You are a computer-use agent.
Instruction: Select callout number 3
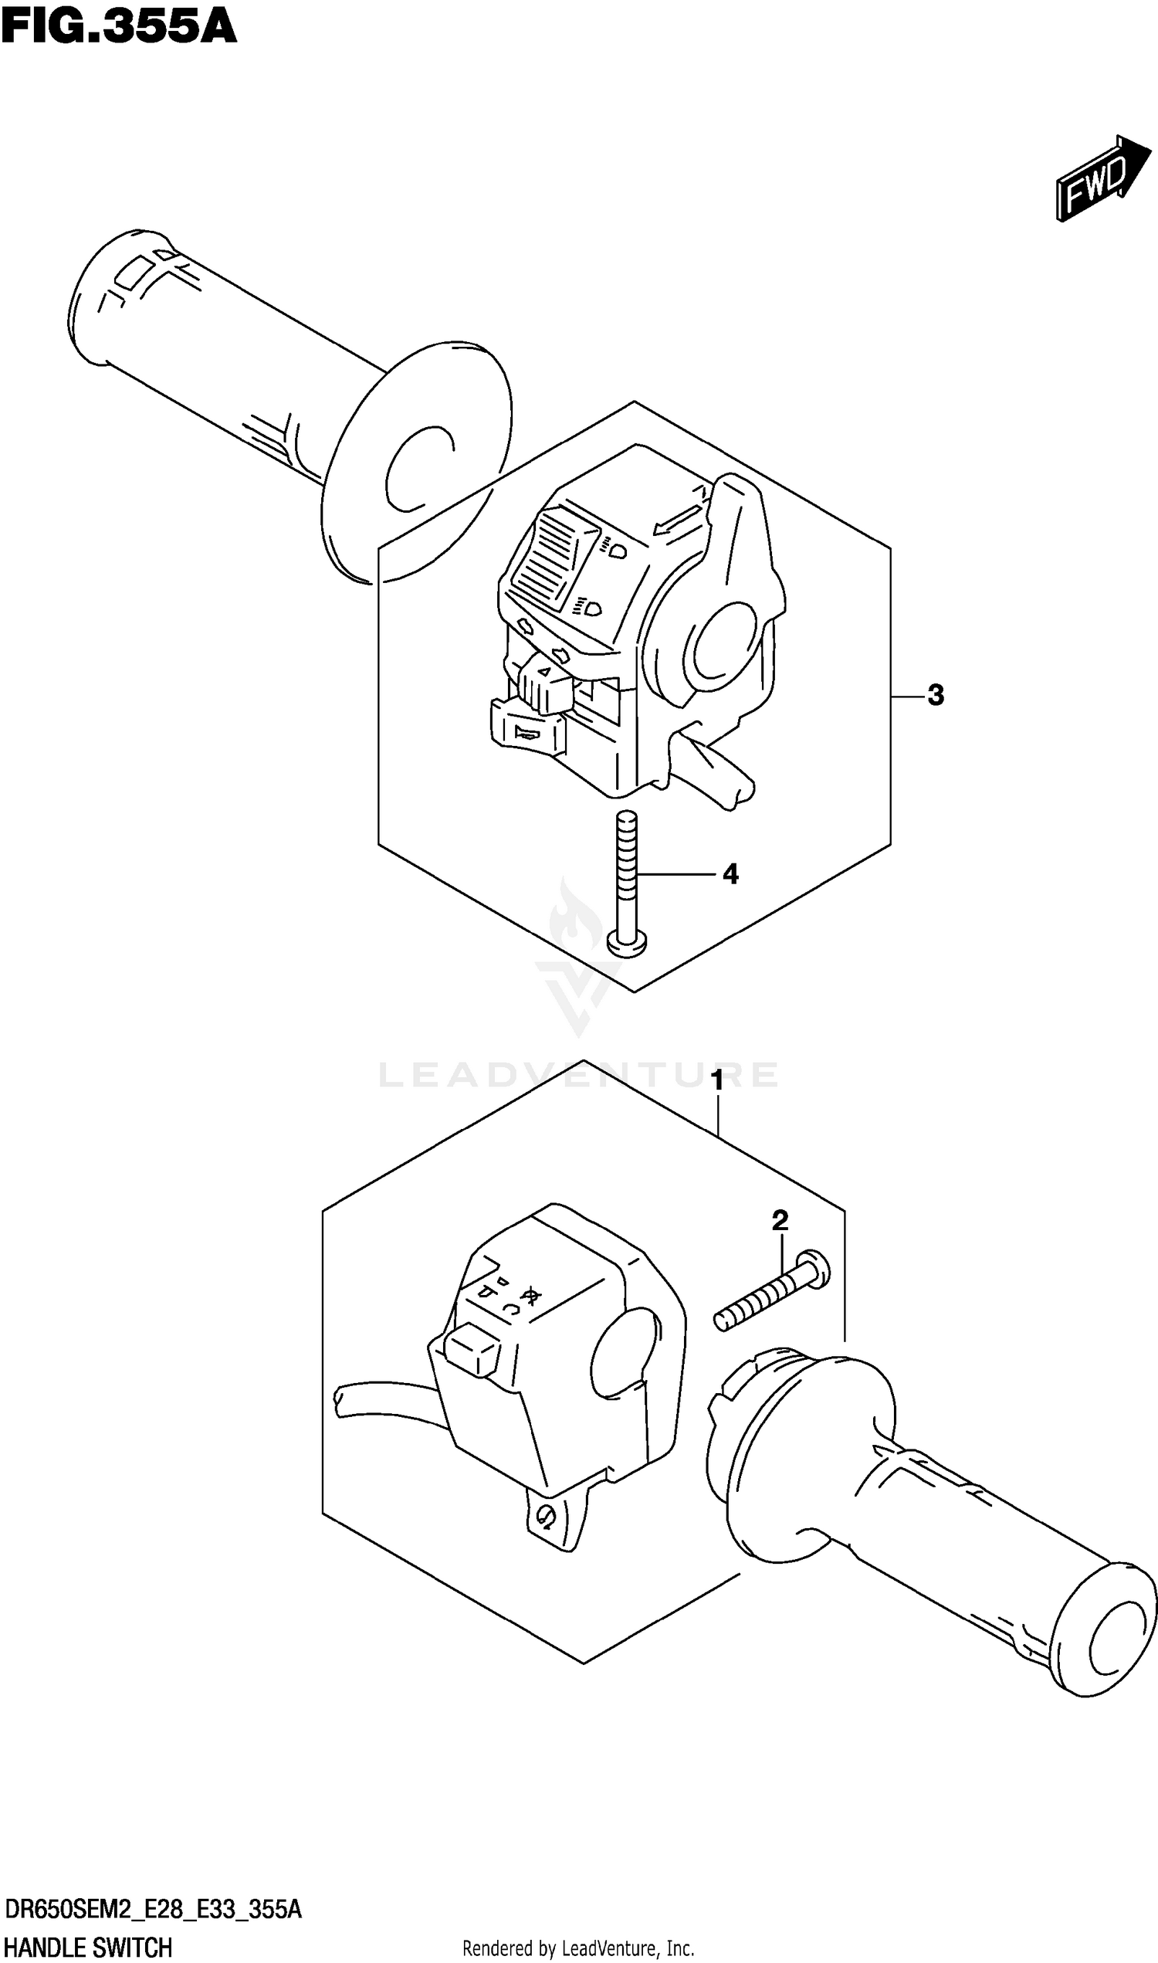point(936,695)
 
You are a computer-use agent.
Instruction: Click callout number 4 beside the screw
point(730,874)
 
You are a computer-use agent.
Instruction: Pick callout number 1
point(716,1081)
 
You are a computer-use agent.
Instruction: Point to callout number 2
point(780,1220)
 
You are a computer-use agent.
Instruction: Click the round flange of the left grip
point(418,464)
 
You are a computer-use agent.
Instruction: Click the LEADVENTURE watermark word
point(578,1075)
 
